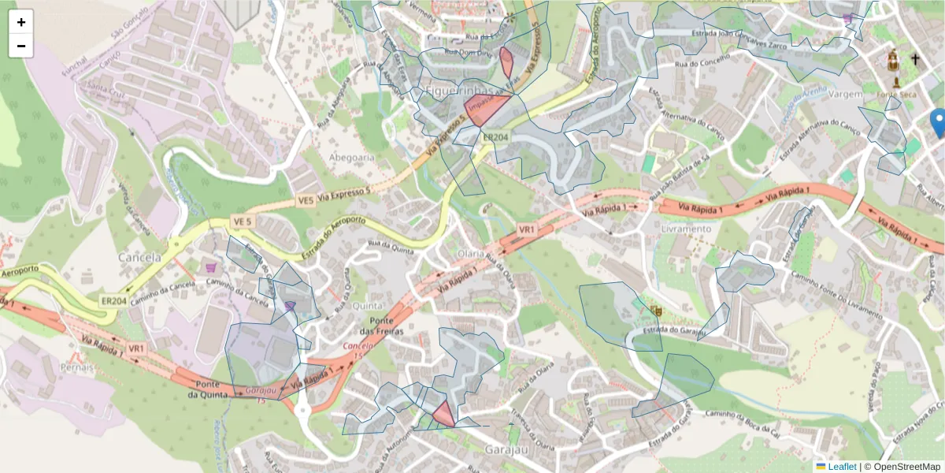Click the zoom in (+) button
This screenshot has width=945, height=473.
pyautogui.click(x=21, y=22)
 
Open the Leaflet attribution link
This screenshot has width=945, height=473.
pyautogui.click(x=841, y=467)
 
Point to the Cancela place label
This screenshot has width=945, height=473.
pyautogui.click(x=139, y=257)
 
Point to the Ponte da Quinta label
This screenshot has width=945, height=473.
pyautogui.click(x=209, y=389)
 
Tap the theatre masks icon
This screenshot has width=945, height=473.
pyautogui.click(x=656, y=311)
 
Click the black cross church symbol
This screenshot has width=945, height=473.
pyautogui.click(x=915, y=59)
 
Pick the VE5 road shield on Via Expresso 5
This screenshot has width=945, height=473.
pyautogui.click(x=306, y=201)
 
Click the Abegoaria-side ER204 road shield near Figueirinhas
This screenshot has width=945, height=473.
pyautogui.click(x=495, y=136)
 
